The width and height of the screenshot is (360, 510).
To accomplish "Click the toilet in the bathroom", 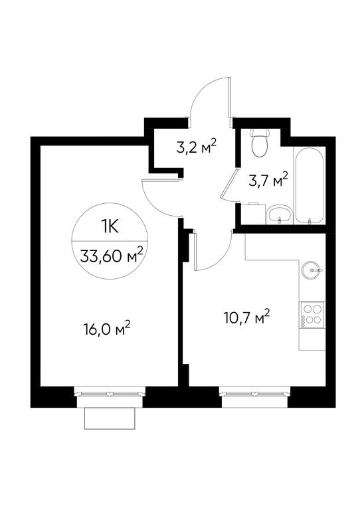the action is point(260,143).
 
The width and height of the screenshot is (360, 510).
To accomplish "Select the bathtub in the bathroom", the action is point(310,185).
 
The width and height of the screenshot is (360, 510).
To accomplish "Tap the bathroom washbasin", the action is point(280,214).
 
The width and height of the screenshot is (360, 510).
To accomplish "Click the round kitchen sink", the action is point(312,270).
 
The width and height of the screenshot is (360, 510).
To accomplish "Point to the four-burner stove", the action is point(312,315).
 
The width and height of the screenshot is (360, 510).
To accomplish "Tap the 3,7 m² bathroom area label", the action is point(268,180).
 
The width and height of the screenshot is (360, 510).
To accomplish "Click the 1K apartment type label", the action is point(110,226).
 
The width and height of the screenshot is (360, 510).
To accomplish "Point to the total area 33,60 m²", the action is point(112,256).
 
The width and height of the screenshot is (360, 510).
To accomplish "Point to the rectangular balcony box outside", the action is point(110,418).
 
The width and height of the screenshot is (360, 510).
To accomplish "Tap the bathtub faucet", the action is point(310,220).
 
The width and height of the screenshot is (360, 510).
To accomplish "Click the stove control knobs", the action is point(304,321).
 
